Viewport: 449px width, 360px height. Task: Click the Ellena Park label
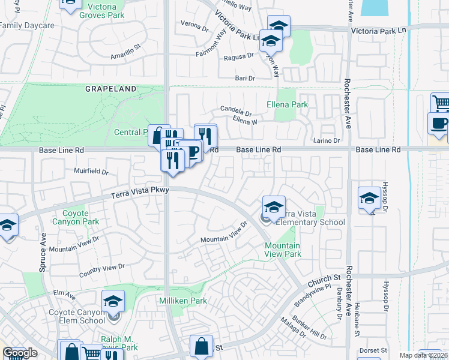287,104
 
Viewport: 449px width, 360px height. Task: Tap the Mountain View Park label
283,250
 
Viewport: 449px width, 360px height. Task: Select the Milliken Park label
183,300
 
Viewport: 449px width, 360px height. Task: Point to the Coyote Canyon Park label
76,217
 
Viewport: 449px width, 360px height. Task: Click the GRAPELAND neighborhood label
110,89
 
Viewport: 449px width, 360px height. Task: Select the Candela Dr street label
236,111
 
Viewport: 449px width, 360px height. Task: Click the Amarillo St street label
125,52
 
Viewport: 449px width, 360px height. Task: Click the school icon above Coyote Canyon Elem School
113,301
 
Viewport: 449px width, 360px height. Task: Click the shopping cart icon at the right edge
441,103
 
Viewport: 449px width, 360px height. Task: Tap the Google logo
20,353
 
